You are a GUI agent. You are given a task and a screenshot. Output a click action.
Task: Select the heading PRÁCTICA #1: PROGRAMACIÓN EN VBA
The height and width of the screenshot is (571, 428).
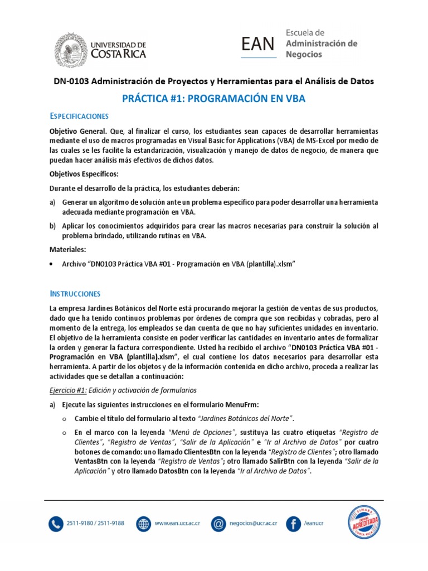tap(213, 99)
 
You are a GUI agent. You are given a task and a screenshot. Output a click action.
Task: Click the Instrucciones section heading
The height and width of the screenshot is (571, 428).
tap(75, 293)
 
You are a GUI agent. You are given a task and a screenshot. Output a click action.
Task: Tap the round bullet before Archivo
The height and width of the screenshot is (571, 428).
tap(52, 265)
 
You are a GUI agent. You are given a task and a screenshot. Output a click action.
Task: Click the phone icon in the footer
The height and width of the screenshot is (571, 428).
tap(57, 524)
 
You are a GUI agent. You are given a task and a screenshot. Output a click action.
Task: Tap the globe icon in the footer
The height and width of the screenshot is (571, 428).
tap(143, 524)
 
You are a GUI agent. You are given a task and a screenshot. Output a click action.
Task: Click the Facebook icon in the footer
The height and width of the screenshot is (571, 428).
tap(293, 524)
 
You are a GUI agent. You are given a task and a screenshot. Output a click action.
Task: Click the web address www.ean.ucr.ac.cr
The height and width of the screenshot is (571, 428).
tap(177, 524)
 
